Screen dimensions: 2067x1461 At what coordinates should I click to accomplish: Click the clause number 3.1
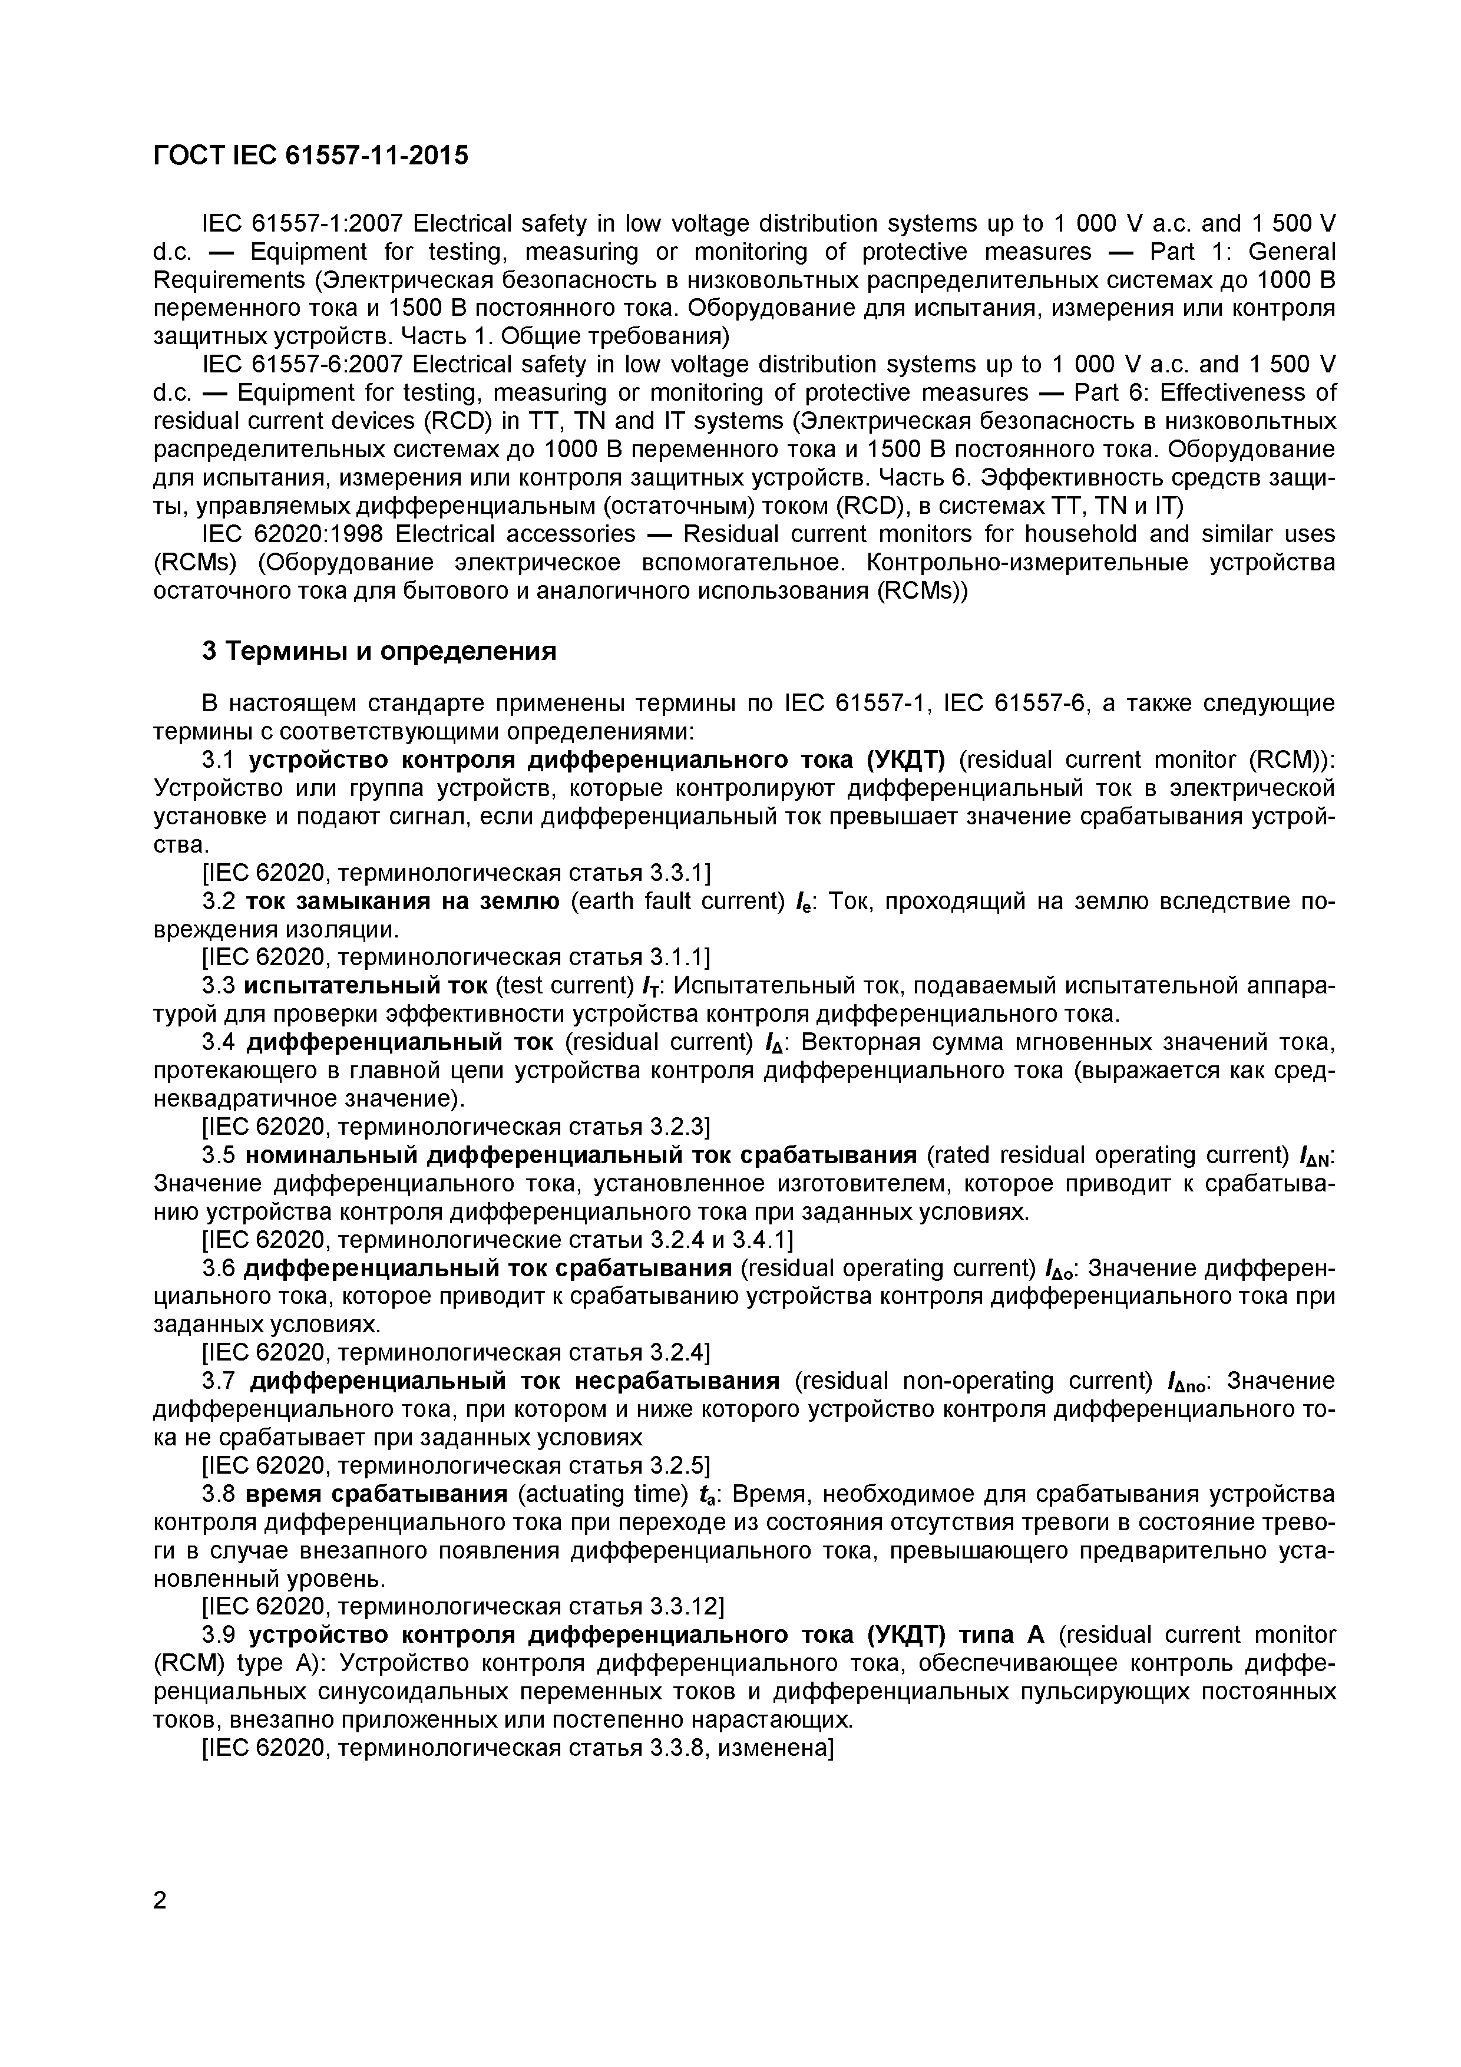click(219, 760)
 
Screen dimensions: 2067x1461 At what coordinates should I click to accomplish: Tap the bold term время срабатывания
click(376, 1494)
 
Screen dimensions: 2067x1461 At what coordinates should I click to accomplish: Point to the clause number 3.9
click(219, 1634)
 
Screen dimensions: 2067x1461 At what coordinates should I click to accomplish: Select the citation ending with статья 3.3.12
click(464, 1606)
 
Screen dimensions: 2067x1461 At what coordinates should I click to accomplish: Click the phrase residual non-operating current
click(976, 1381)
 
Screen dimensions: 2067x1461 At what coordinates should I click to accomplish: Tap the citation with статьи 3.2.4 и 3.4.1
click(497, 1240)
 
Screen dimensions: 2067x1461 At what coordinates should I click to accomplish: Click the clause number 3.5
click(219, 1155)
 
